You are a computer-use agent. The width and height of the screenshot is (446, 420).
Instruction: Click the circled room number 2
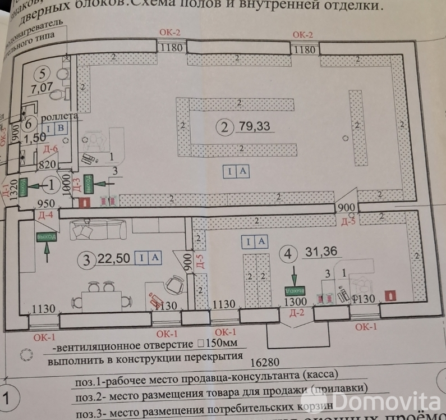[x=224, y=127]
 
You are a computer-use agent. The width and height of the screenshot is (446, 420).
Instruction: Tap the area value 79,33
[x=254, y=126]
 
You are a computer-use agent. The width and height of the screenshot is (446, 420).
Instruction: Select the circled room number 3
[x=86, y=259]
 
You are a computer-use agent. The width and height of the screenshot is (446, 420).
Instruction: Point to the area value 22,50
[x=114, y=258]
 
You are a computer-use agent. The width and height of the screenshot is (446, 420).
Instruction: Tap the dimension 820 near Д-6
[x=48, y=165]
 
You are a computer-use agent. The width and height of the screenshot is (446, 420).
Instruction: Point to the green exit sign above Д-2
[x=295, y=291]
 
